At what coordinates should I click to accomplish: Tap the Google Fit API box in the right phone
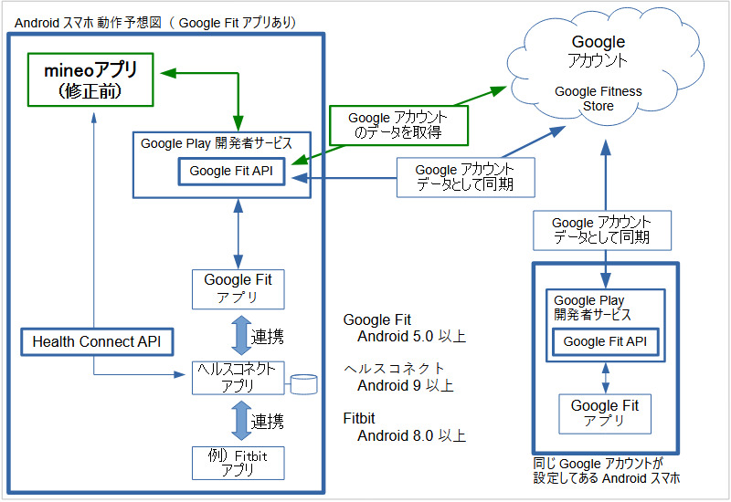606,341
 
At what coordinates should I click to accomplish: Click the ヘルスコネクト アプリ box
238,377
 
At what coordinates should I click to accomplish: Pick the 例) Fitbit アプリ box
238,462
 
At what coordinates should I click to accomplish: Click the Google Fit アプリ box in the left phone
238,288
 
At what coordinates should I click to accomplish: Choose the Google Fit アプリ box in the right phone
605,413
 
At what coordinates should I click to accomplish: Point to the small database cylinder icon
302,384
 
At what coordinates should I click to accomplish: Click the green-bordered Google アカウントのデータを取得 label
397,126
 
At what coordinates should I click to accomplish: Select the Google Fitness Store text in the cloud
599,99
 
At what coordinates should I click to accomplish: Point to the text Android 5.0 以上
411,337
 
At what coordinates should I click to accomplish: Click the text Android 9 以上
405,385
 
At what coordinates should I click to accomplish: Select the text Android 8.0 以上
411,434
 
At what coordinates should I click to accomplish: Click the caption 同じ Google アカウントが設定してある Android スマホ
606,471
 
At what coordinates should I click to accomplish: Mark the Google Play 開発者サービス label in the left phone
216,143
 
